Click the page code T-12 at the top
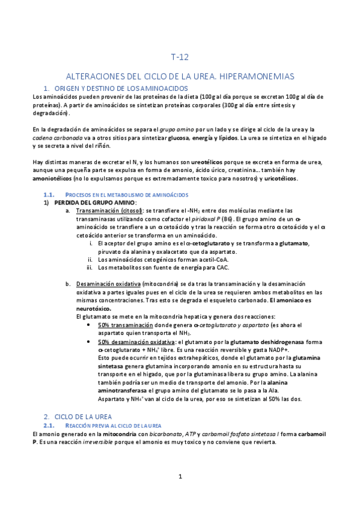point(180,58)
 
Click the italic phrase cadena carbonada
point(53,138)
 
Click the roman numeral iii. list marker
point(90,268)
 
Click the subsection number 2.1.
point(50,425)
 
